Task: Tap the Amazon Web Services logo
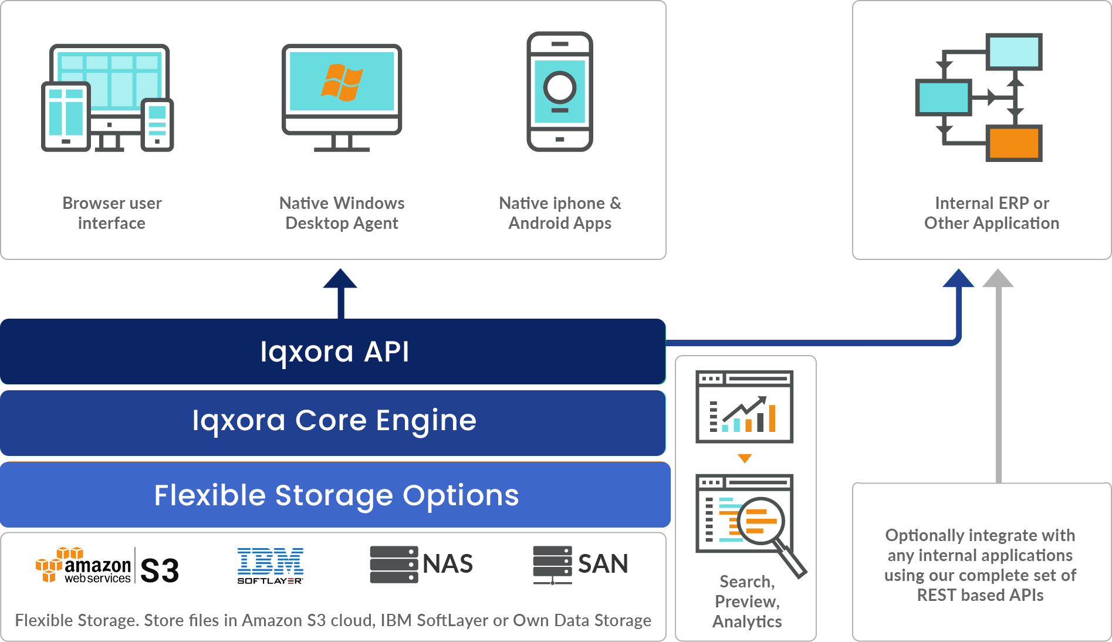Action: pyautogui.click(x=83, y=566)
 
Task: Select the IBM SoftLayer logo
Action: pyautogui.click(x=270, y=566)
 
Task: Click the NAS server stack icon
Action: pyautogui.click(x=394, y=565)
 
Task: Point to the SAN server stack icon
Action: pyautogui.click(x=552, y=565)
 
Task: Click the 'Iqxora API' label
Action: pyautogui.click(x=334, y=352)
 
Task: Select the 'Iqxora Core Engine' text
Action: pyautogui.click(x=334, y=421)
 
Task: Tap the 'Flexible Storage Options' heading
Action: pyautogui.click(x=336, y=495)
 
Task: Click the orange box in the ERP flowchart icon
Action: pyautogui.click(x=1015, y=143)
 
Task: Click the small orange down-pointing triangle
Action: pyautogui.click(x=745, y=458)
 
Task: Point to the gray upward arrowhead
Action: pyautogui.click(x=998, y=278)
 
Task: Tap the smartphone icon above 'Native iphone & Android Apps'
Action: pyautogui.click(x=560, y=92)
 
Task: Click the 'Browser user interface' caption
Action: pyautogui.click(x=111, y=213)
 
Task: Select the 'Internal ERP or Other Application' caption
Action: pyautogui.click(x=992, y=213)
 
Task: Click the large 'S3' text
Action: pyautogui.click(x=160, y=570)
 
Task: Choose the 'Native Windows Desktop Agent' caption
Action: pyautogui.click(x=342, y=213)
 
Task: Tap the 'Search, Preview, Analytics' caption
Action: pyautogui.click(x=747, y=602)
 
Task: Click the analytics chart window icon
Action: pyautogui.click(x=744, y=406)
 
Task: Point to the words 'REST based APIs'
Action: pyautogui.click(x=980, y=595)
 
